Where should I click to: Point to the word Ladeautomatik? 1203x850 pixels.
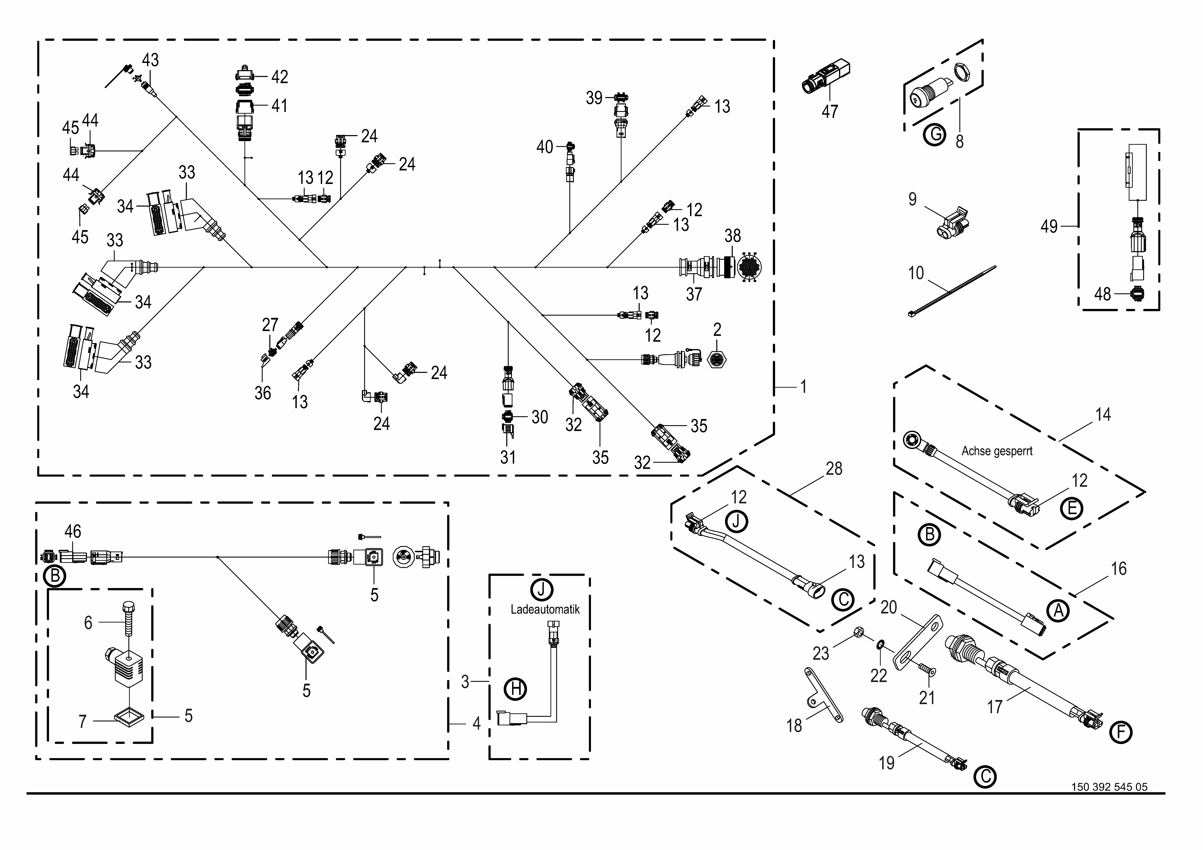[x=545, y=609]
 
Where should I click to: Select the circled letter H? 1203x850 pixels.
[x=516, y=688]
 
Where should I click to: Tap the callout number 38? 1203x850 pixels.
[x=733, y=236]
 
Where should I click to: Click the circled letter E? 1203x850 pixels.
[x=1072, y=508]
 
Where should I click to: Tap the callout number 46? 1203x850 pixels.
[x=73, y=531]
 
